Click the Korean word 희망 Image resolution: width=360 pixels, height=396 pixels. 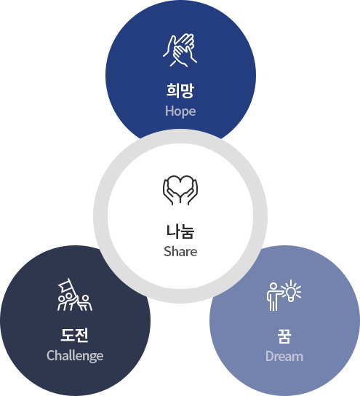180,90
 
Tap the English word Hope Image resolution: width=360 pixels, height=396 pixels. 180,111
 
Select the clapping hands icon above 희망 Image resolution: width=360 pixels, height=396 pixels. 180,50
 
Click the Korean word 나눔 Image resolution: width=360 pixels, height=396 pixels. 180,231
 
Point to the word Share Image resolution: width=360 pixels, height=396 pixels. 180,252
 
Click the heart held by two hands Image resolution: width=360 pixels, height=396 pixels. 180,185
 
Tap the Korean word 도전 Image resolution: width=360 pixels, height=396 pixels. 75,335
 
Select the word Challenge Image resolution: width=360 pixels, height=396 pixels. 75,355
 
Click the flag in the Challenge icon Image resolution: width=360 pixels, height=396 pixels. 65,285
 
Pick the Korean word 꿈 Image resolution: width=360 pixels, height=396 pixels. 284,336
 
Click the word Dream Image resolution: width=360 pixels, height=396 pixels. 284,357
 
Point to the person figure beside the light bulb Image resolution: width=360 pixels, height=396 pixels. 273,297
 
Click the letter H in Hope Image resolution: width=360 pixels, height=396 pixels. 169,111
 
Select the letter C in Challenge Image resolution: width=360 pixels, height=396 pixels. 50,355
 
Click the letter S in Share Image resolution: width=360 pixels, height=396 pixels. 167,252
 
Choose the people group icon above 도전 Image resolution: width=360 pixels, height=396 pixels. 75,295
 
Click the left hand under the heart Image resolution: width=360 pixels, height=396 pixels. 171,192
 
